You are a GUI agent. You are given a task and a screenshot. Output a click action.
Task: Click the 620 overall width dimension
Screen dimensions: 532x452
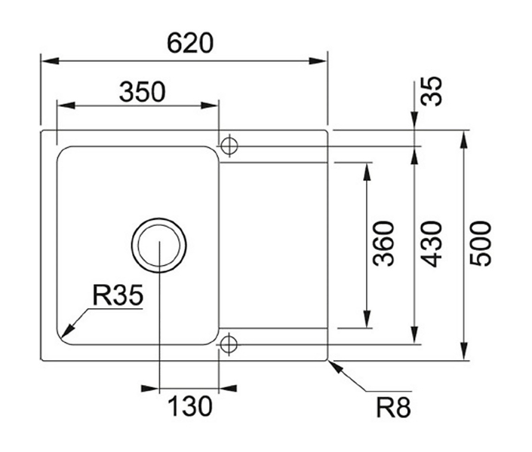190,43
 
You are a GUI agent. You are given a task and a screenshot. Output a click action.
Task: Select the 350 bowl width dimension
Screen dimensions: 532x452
143,92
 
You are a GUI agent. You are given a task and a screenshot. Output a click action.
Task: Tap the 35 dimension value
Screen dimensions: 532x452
432,91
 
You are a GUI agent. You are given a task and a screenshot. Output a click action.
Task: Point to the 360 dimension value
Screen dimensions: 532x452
383,243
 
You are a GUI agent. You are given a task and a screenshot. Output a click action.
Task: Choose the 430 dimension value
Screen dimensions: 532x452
432,243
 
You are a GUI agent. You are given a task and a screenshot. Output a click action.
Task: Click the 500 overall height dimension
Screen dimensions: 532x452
481,243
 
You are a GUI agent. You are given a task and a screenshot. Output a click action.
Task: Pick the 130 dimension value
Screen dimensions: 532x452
190,406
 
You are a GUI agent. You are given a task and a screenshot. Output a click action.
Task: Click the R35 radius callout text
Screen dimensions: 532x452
118,295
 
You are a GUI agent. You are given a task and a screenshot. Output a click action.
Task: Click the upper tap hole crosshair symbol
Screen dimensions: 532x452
229,146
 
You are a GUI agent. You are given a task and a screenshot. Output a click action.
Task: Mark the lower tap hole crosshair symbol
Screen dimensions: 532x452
229,344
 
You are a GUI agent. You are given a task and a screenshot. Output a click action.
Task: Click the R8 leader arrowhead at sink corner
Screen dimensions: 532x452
335,366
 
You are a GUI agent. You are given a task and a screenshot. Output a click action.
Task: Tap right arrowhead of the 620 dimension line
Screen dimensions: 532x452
318,61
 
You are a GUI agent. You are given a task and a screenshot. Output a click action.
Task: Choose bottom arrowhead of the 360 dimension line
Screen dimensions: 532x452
367,319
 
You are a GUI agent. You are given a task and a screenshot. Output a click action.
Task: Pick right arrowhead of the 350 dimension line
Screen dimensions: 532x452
209,105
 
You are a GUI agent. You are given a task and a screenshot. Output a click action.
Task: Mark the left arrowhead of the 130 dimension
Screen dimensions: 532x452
150,388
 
